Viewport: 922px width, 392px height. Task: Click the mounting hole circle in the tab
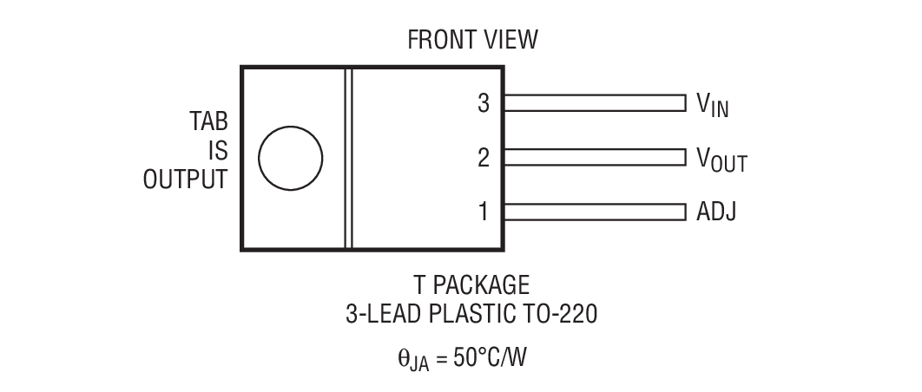[x=290, y=158]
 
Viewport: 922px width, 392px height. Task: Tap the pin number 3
[x=484, y=103]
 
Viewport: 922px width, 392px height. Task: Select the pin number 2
[x=484, y=157]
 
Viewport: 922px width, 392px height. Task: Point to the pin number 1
[x=484, y=211]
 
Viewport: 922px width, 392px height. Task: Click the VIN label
[x=712, y=105]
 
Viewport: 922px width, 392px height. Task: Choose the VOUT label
[x=721, y=159]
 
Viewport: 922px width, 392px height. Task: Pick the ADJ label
[x=716, y=211]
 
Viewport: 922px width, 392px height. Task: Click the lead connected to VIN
[x=595, y=103]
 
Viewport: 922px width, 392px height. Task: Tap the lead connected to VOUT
[x=595, y=157]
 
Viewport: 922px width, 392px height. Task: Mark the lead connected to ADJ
[x=595, y=211]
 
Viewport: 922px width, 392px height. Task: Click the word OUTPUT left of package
[x=186, y=180]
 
